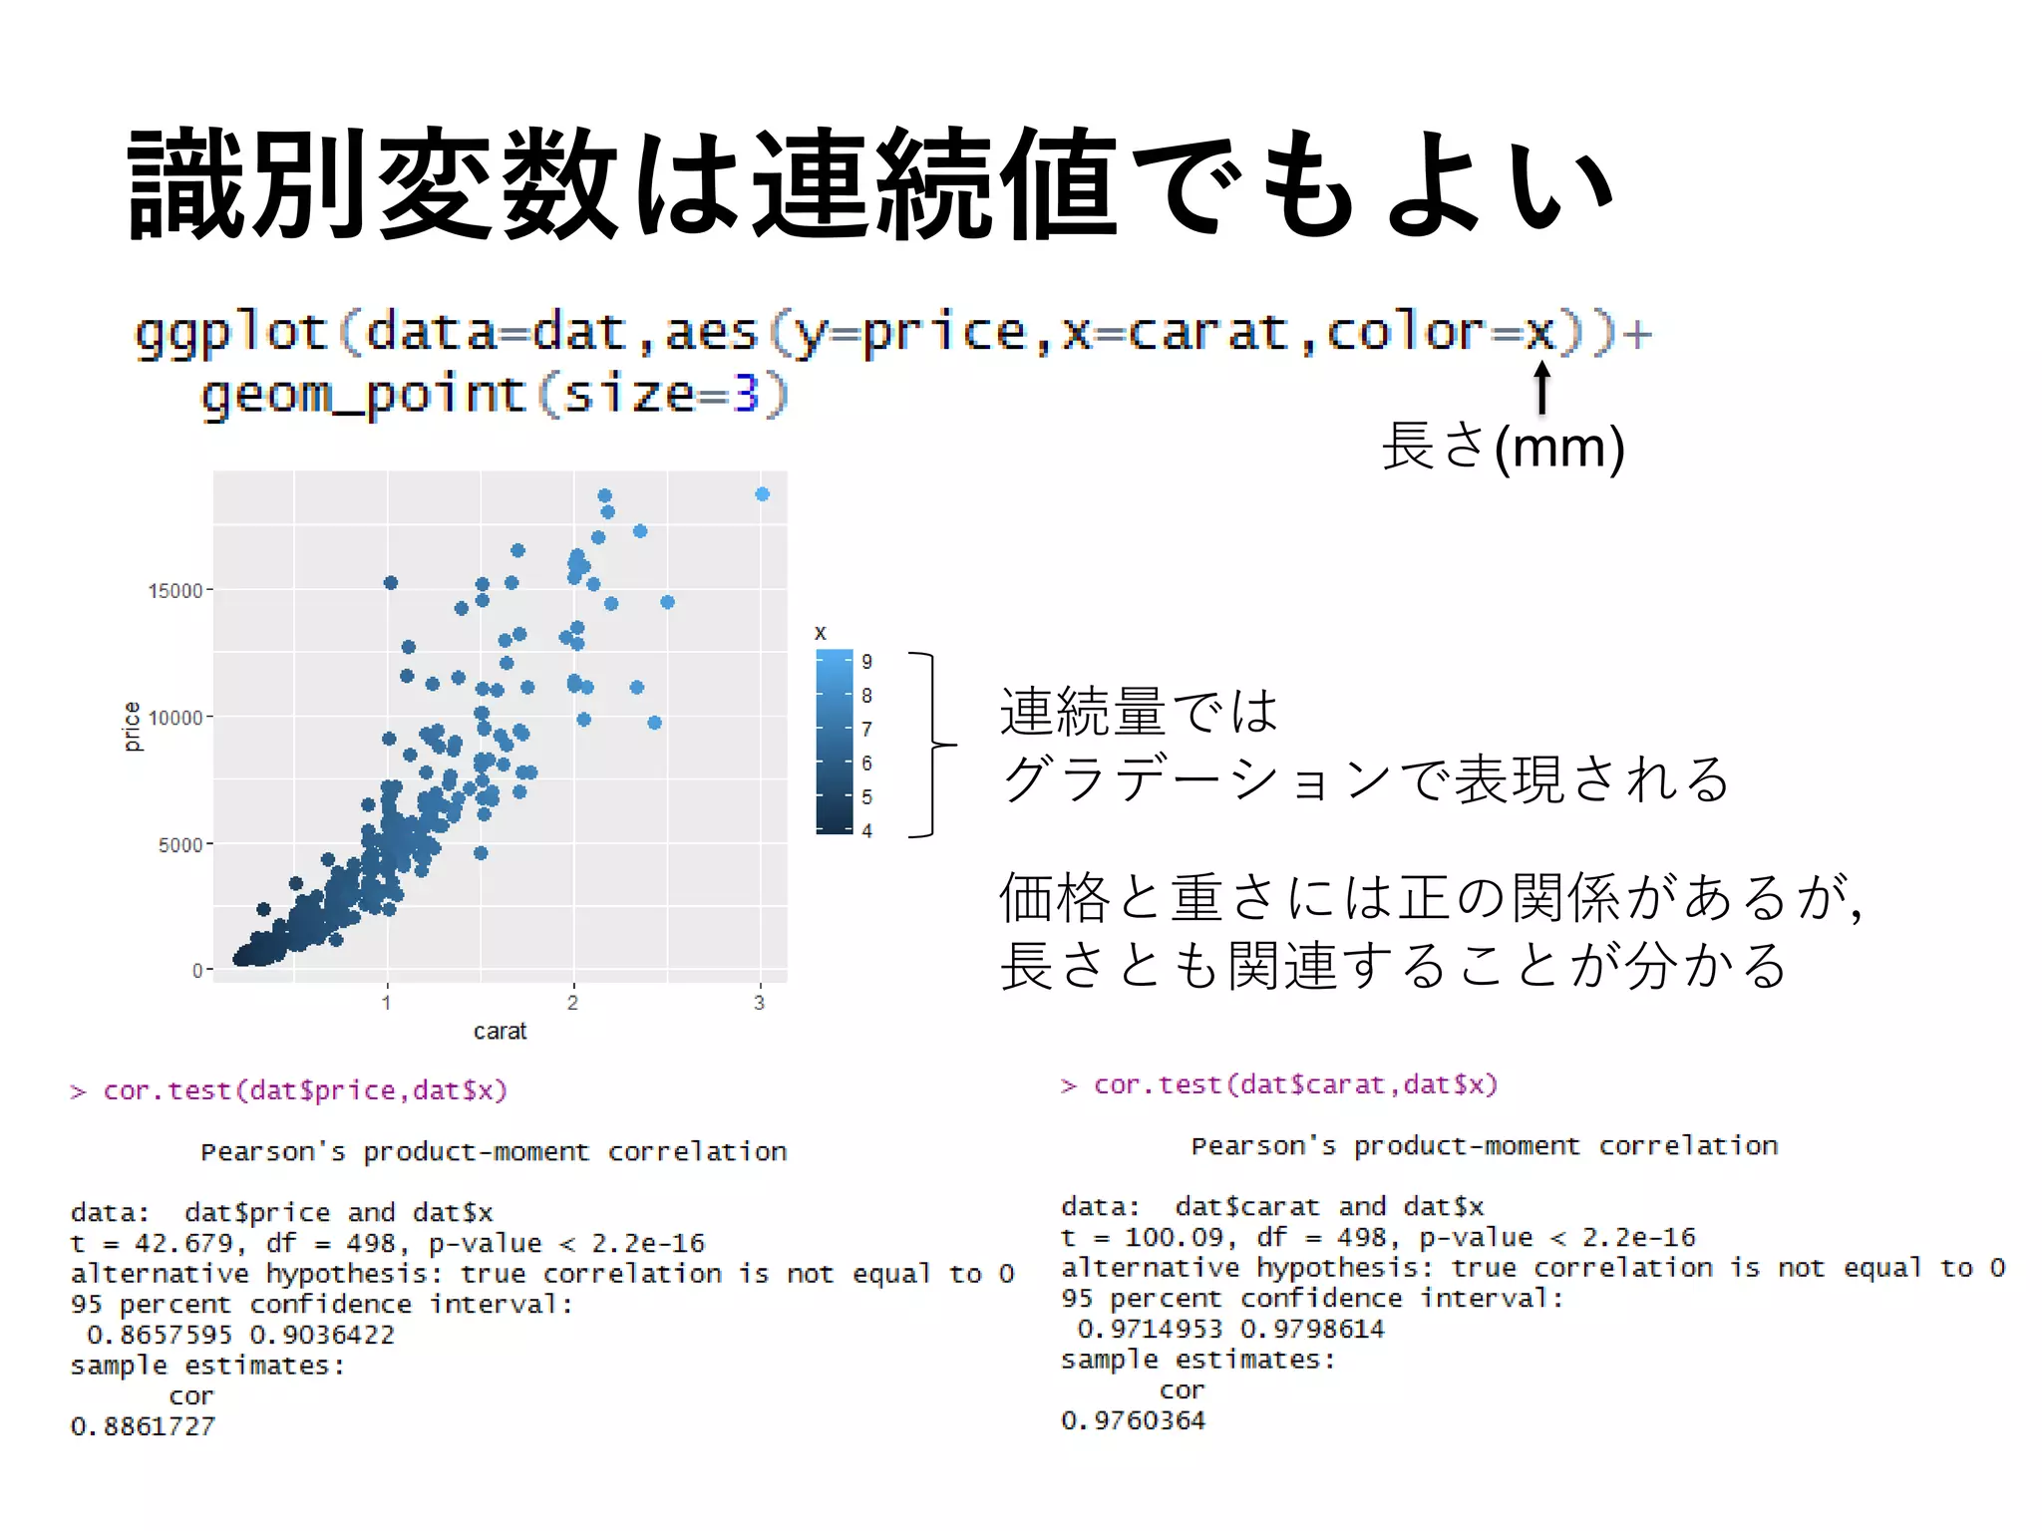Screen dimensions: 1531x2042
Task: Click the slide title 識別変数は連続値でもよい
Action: coord(869,185)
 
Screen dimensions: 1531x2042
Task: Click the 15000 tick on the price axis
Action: coord(175,591)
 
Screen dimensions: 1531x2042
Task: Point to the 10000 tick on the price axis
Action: coord(175,718)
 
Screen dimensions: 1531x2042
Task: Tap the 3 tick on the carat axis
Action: coord(760,1003)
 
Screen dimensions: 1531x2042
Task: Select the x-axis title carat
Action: coord(500,1032)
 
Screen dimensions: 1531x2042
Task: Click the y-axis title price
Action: coord(132,726)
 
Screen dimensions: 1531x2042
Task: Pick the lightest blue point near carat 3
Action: coord(763,494)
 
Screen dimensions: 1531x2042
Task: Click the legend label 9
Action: coord(866,662)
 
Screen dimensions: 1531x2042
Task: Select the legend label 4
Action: coord(866,830)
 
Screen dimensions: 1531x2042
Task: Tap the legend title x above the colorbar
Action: coord(821,633)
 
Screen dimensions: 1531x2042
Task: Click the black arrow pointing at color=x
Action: coord(1541,387)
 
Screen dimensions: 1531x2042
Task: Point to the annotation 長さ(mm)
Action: coord(1503,447)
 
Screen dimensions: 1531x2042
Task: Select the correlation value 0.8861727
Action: coord(143,1426)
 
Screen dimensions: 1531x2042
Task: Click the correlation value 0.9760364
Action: coord(1133,1420)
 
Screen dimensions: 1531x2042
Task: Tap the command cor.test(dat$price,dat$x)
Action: coord(304,1090)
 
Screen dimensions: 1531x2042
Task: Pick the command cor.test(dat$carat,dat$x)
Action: coord(1295,1084)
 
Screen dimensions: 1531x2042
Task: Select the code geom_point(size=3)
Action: coord(495,395)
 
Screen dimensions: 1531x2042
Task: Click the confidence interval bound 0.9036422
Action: coord(322,1335)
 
